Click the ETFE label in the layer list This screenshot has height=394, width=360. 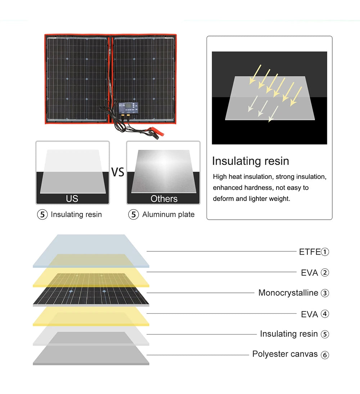tap(310, 252)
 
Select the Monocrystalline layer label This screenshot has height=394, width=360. tap(288, 293)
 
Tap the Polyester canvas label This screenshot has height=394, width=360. tap(285, 354)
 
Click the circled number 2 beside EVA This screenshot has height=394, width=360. tap(325, 273)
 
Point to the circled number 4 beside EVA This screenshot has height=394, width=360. tap(325, 314)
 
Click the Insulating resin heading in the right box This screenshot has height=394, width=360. tap(250, 161)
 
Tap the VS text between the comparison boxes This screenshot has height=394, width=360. tap(117, 172)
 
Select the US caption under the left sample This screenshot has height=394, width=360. tap(72, 199)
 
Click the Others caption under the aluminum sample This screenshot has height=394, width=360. tap(164, 199)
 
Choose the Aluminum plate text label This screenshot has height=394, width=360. tap(168, 215)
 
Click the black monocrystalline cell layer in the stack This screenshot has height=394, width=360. tap(91, 295)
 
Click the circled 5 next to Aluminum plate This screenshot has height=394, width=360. tap(134, 215)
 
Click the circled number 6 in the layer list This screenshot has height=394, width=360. tap(325, 355)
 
